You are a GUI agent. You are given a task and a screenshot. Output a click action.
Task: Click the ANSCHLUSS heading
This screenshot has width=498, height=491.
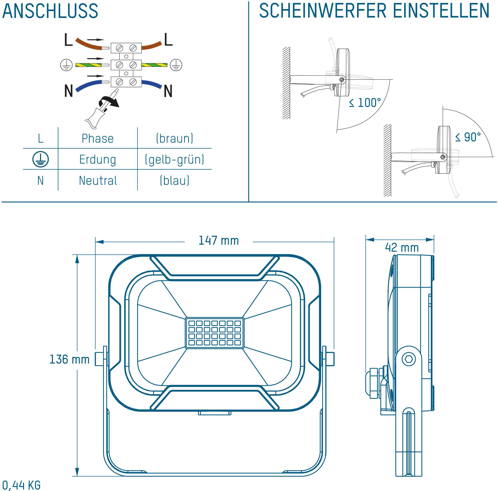[x=50, y=11]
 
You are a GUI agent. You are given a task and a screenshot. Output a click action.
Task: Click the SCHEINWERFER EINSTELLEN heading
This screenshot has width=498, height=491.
[x=374, y=11]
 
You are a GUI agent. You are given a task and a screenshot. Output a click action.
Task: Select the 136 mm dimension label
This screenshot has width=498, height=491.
[x=69, y=359]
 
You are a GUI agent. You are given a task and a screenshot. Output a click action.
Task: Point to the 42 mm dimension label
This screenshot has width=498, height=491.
[x=402, y=248]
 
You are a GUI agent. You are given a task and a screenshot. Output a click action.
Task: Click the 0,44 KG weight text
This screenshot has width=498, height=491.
[x=21, y=485]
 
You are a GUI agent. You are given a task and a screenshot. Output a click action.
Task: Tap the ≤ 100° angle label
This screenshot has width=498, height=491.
[x=365, y=103]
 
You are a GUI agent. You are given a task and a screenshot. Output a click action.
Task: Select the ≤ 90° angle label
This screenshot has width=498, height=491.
[x=468, y=137]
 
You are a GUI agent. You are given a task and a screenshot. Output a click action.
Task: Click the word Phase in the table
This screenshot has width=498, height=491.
[x=97, y=139]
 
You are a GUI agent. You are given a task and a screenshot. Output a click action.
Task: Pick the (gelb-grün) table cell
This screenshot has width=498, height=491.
[x=175, y=160]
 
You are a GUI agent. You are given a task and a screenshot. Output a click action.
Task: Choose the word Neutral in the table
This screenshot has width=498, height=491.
[x=98, y=181]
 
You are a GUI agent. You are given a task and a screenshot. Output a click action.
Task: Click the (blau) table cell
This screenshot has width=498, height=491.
[x=175, y=180]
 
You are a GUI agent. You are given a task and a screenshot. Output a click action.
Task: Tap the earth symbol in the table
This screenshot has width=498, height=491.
[x=40, y=159]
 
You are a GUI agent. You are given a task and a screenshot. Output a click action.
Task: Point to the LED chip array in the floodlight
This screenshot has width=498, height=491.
[x=215, y=333]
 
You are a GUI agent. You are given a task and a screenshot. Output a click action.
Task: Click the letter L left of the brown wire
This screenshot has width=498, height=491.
[x=68, y=40]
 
